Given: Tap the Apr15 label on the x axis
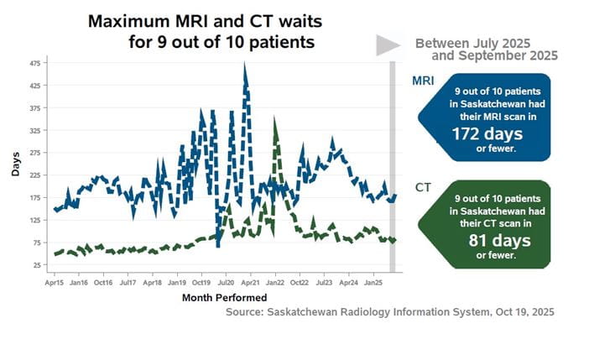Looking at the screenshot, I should [x=55, y=283].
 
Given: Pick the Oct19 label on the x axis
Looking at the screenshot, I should [x=201, y=283].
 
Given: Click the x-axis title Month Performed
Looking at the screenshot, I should [x=224, y=297].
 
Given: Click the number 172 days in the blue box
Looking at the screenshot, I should [x=487, y=133].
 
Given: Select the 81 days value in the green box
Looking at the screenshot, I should [x=487, y=241].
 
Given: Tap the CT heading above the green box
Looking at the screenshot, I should [x=424, y=188].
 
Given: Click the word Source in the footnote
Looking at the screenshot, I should [x=249, y=312].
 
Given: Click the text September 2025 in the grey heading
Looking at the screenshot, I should [x=513, y=55].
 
